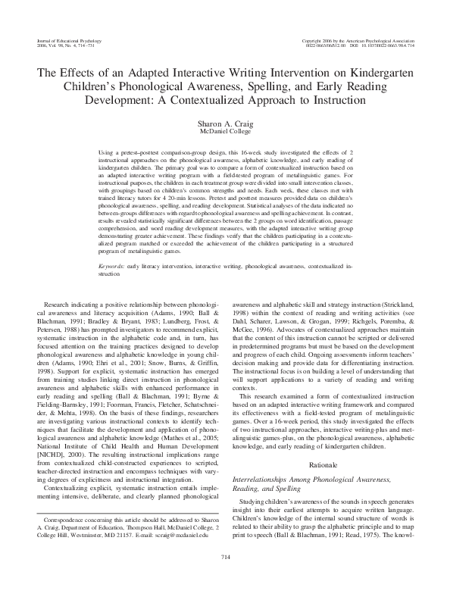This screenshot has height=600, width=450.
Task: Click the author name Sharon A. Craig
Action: [x=224, y=123]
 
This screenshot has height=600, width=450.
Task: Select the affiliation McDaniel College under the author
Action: [x=224, y=132]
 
